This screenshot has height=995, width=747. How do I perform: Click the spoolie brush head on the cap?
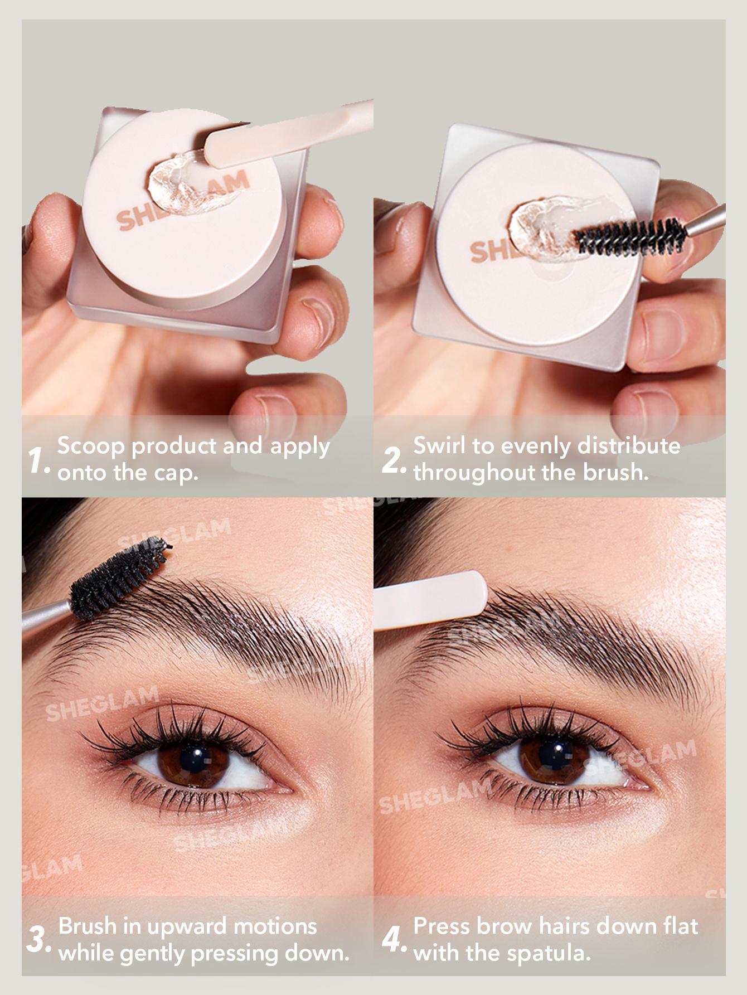tap(630, 236)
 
